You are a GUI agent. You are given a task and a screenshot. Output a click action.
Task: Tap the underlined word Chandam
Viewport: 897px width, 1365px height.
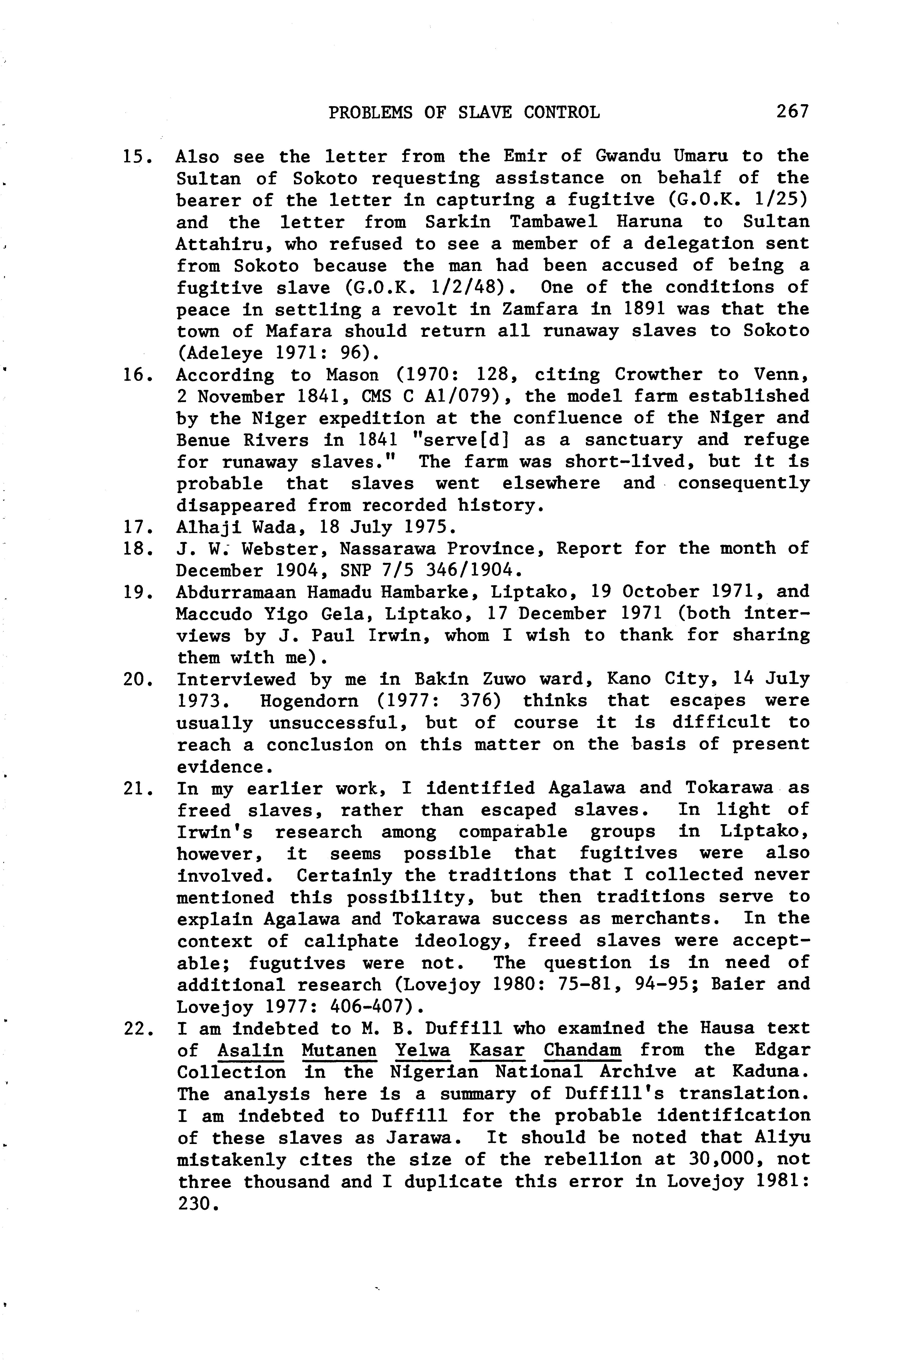[x=582, y=1051]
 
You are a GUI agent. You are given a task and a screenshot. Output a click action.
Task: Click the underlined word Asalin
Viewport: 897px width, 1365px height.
[x=250, y=1051]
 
